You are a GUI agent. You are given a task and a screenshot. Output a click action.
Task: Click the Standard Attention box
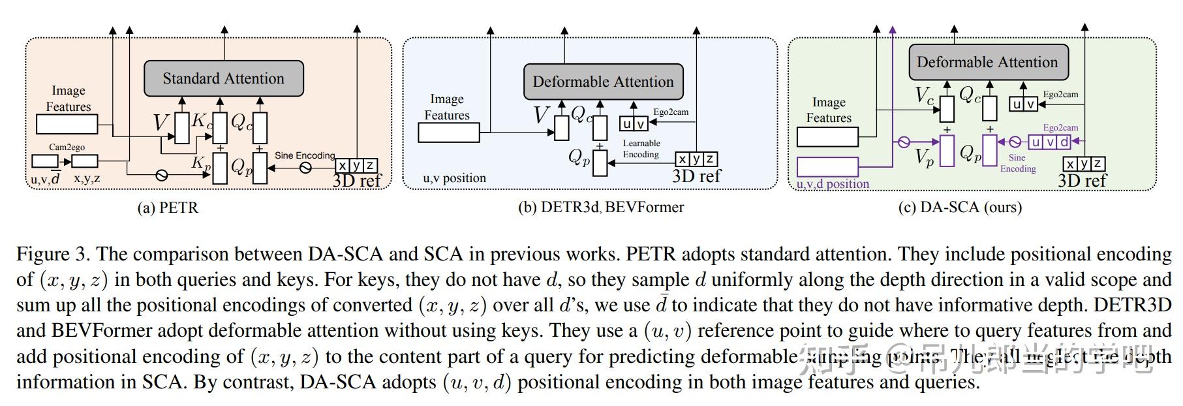coord(223,79)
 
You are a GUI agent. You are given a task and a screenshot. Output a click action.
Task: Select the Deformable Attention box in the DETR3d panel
coord(603,82)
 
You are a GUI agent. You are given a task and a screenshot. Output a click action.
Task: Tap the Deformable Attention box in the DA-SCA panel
coord(987,63)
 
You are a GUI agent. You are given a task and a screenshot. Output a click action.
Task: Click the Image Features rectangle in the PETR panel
coord(67,124)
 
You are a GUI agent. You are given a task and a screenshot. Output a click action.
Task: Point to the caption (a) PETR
coord(168,208)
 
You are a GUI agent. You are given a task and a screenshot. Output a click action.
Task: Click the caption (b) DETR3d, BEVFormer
coord(601,208)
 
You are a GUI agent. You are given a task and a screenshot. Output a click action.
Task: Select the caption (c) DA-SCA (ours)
coord(960,208)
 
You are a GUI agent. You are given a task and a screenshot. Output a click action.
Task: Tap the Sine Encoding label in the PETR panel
coord(305,155)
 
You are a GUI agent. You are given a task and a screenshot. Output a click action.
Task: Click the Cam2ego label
coord(67,148)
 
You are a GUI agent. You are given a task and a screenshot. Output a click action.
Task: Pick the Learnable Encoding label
coord(641,149)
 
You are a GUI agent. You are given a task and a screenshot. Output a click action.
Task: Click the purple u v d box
coord(1050,142)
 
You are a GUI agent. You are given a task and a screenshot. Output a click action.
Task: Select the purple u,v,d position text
coord(833,184)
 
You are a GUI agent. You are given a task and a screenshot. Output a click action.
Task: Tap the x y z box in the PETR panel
coord(356,166)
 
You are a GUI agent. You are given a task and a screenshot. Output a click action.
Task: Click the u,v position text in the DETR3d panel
coord(454,178)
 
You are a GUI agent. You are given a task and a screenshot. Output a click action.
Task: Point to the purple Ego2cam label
coord(1060,128)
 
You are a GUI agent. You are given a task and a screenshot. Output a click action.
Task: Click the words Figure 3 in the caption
coord(53,255)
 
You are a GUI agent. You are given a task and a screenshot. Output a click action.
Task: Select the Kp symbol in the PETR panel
coord(200,164)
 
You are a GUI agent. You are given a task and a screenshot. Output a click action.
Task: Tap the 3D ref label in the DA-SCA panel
coord(1081,181)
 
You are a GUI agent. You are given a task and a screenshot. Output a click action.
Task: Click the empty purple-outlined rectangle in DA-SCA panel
coord(827,166)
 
